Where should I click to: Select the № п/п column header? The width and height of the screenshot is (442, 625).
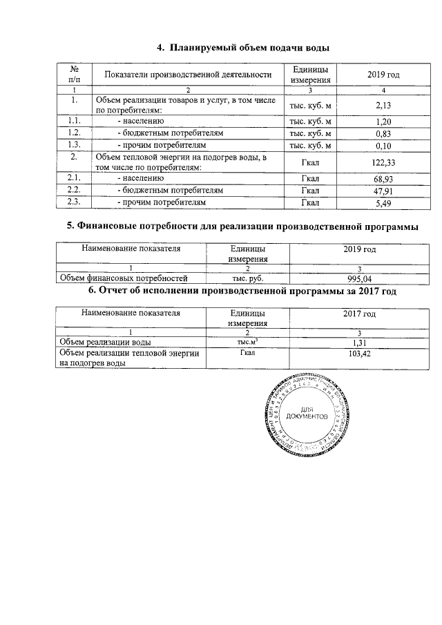pos(75,75)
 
